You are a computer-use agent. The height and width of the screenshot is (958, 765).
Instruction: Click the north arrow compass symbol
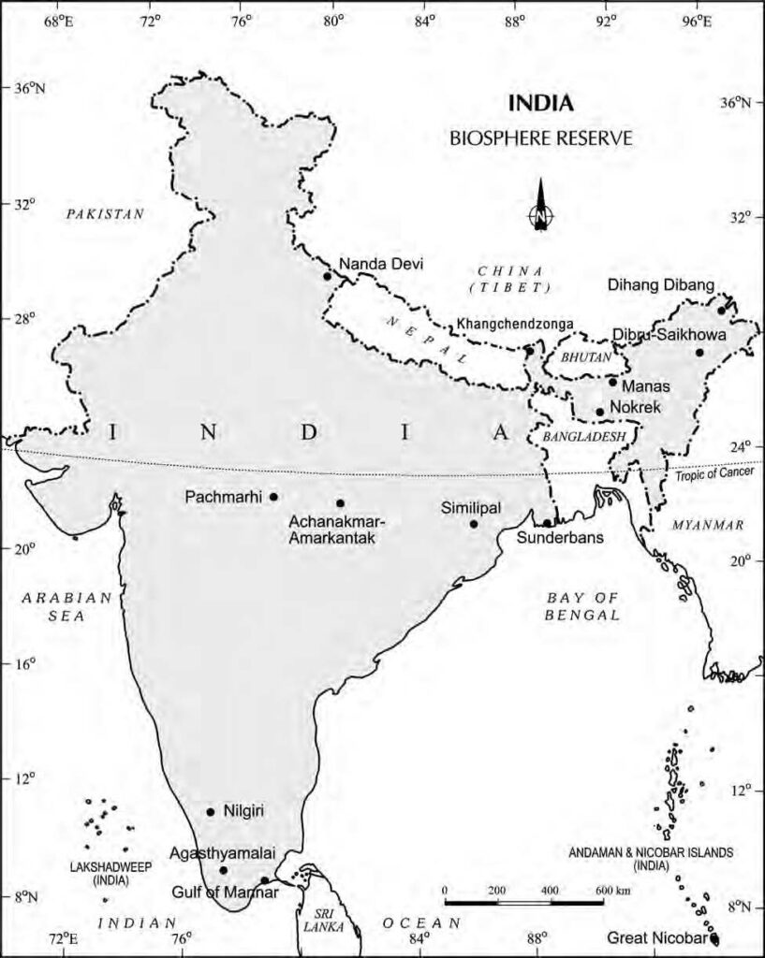(x=541, y=207)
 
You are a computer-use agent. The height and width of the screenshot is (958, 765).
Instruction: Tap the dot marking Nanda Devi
(x=328, y=276)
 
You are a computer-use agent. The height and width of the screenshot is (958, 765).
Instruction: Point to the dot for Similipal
(x=474, y=524)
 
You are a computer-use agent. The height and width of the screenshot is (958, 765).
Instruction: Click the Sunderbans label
(x=560, y=539)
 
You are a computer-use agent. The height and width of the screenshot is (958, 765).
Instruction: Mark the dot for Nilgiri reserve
(x=211, y=811)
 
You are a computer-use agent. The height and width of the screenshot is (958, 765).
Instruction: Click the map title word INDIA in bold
(x=540, y=102)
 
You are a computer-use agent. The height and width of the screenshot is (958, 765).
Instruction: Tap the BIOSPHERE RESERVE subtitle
(x=541, y=138)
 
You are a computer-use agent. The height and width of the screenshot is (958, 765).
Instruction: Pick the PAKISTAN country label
(x=105, y=214)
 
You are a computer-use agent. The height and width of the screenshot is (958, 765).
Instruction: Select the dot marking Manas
(x=612, y=382)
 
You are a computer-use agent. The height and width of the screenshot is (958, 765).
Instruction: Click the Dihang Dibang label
(x=661, y=284)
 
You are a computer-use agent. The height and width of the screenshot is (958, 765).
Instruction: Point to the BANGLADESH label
(x=582, y=437)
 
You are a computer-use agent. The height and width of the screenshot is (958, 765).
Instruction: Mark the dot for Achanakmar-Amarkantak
(x=340, y=503)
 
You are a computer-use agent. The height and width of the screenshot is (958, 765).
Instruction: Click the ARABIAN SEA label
(x=67, y=606)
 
